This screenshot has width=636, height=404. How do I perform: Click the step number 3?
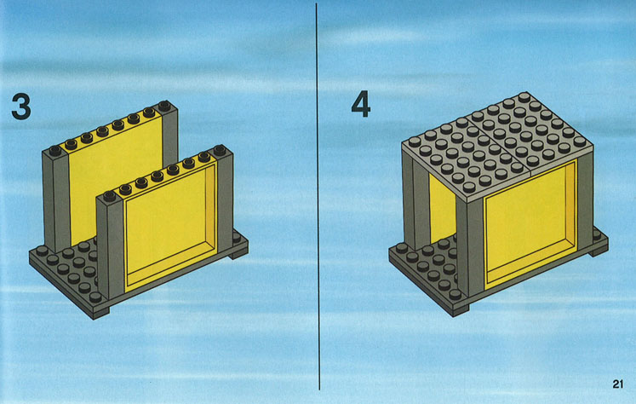click(x=21, y=106)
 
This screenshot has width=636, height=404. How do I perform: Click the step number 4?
click(x=361, y=104)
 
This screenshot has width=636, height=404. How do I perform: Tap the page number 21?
click(x=618, y=384)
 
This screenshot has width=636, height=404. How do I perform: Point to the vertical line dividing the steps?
click(x=318, y=197)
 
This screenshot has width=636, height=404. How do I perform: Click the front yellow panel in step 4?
click(x=530, y=222)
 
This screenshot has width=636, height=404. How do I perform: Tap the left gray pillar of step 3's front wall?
click(x=111, y=249)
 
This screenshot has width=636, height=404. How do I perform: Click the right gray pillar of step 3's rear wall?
click(x=170, y=134)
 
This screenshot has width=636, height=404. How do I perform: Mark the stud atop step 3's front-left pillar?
click(x=109, y=197)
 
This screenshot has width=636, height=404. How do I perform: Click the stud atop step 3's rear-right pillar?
click(x=163, y=106)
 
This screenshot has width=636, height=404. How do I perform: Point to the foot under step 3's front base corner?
click(x=100, y=314)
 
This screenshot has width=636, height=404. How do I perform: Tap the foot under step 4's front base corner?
click(x=461, y=310)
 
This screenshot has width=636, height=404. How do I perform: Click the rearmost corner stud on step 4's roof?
click(x=524, y=97)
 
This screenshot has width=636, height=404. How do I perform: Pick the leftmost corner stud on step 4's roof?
click(x=415, y=141)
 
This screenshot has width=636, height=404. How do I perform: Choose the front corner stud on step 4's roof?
click(x=469, y=188)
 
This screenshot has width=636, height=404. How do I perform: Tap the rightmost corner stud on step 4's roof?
click(x=580, y=141)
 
